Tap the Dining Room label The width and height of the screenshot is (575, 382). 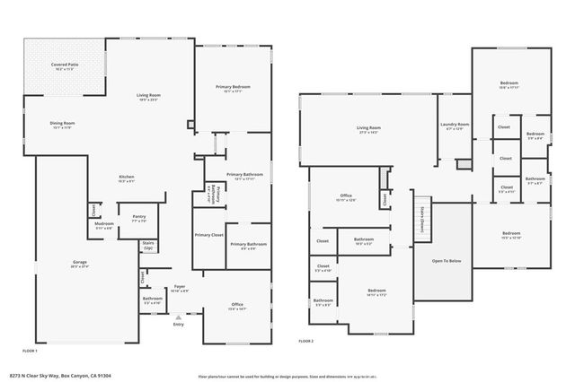tap(62, 125)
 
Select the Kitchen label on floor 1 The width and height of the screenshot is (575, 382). tap(128, 178)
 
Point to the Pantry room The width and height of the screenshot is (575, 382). tap(139, 218)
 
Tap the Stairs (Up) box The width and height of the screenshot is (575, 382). tap(149, 245)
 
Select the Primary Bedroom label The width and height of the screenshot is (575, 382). tap(233, 88)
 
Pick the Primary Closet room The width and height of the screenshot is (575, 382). tap(209, 236)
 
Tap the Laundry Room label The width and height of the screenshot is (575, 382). tap(455, 126)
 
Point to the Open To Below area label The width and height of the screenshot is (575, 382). tap(447, 261)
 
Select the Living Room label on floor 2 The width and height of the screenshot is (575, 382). tap(369, 130)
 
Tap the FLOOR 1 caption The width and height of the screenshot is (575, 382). tap(30, 350)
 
